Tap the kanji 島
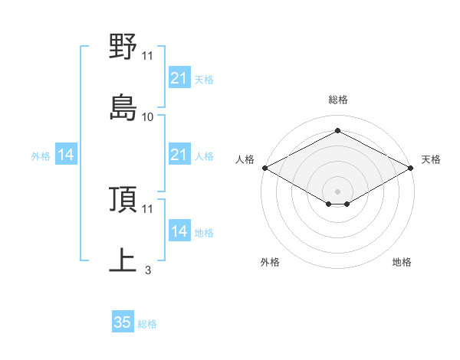tap(123, 108)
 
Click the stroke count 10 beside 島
tap(148, 117)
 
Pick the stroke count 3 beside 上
tap(147, 270)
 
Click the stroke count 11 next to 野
tap(148, 56)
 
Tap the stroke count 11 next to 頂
tap(148, 208)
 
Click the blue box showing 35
tap(123, 322)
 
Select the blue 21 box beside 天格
tap(179, 78)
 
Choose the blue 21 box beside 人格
tap(179, 155)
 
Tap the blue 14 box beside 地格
tap(179, 231)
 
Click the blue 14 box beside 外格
tap(66, 155)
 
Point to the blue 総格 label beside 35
tap(147, 324)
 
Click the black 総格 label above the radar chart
tap(337, 100)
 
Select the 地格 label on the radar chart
tap(402, 263)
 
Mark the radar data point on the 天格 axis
tap(412, 168)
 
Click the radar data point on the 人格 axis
tap(264, 168)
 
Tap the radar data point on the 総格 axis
tap(337, 131)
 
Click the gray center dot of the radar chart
tap(337, 190)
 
